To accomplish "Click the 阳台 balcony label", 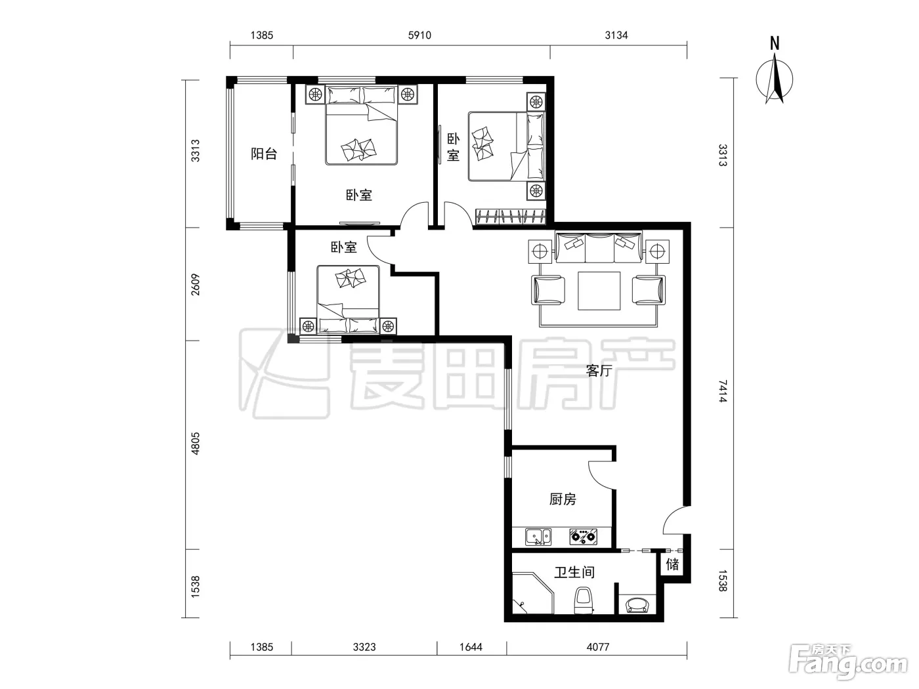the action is (x=264, y=154).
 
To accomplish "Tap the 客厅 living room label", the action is (x=599, y=371).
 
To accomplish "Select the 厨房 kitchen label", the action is (x=563, y=499).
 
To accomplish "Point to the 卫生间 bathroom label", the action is (x=574, y=572).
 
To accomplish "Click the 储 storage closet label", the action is (x=672, y=564).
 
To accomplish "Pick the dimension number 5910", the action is (x=419, y=35).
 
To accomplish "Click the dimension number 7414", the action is (x=723, y=391).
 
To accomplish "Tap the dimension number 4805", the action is (x=195, y=444).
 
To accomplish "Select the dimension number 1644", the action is (x=471, y=647).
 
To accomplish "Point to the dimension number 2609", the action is (x=195, y=285).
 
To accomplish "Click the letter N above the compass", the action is (x=775, y=43).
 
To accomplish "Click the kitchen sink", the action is (x=538, y=537).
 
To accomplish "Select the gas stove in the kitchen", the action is (x=583, y=537).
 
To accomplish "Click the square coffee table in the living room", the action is (x=599, y=291).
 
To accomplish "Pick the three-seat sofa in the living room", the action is (x=599, y=247).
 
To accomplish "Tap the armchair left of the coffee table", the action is (x=548, y=289).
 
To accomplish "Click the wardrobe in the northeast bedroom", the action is (x=511, y=217).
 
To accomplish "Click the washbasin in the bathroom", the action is (x=637, y=605).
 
